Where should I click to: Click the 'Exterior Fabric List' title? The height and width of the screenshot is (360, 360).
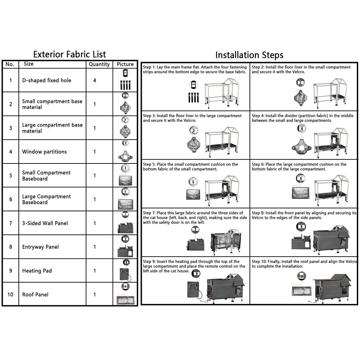(69, 54)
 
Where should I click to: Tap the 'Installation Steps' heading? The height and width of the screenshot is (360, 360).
(249, 55)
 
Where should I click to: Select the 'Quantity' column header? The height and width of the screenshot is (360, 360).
(99, 64)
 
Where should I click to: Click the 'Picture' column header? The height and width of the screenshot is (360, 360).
(125, 64)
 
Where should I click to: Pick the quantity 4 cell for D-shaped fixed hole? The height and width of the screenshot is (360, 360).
(95, 80)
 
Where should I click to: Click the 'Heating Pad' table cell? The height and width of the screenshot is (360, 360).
(37, 271)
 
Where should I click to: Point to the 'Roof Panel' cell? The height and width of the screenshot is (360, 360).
(35, 294)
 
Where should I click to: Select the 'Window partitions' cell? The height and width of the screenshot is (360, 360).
(45, 152)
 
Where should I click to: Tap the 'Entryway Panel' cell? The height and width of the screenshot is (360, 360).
(40, 247)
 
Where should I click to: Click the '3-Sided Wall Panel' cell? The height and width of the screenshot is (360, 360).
(45, 223)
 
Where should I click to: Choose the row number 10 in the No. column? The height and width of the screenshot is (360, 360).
(10, 294)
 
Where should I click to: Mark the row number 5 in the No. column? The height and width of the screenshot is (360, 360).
(10, 176)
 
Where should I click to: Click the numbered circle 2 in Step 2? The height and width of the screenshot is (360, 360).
(300, 83)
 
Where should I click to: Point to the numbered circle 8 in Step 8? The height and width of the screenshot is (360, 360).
(301, 226)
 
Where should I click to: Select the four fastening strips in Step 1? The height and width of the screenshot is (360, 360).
(194, 97)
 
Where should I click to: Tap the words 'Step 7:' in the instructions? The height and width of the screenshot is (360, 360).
(149, 213)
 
